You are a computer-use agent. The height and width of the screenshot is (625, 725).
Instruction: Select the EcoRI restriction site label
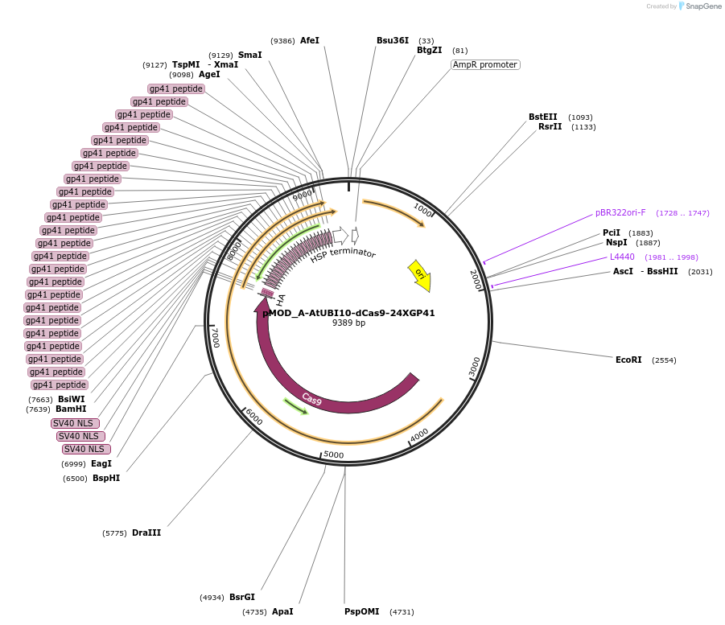point(628,360)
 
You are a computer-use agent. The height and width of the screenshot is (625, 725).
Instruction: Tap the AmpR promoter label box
point(485,64)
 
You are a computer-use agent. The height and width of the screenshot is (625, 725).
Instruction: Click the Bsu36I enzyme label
point(393,40)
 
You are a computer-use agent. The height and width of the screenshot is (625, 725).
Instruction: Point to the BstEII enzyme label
point(542,117)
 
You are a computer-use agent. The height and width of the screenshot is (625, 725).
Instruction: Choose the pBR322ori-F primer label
point(620,213)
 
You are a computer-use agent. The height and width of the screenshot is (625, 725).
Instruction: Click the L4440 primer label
point(622,257)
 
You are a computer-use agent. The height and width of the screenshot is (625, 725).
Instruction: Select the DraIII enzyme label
point(146,532)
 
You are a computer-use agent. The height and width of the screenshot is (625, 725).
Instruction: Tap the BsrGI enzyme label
point(241,597)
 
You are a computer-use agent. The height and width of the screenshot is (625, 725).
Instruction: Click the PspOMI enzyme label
point(361,611)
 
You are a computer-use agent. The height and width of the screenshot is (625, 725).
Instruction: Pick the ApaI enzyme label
point(282,611)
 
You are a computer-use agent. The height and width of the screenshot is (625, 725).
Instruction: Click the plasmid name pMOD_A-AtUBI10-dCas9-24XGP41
point(348,313)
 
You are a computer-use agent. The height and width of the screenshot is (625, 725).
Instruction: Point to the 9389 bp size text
point(348,323)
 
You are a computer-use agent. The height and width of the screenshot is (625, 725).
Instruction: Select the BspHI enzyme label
point(106,478)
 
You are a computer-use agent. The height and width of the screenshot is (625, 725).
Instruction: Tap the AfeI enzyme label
point(310,40)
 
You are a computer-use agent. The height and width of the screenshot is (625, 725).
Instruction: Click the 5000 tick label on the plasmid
point(333,454)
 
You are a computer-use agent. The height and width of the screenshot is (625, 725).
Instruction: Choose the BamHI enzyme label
point(71,409)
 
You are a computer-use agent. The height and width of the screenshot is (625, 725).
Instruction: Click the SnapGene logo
point(699,6)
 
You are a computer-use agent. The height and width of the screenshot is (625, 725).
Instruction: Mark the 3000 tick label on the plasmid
point(475,367)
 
